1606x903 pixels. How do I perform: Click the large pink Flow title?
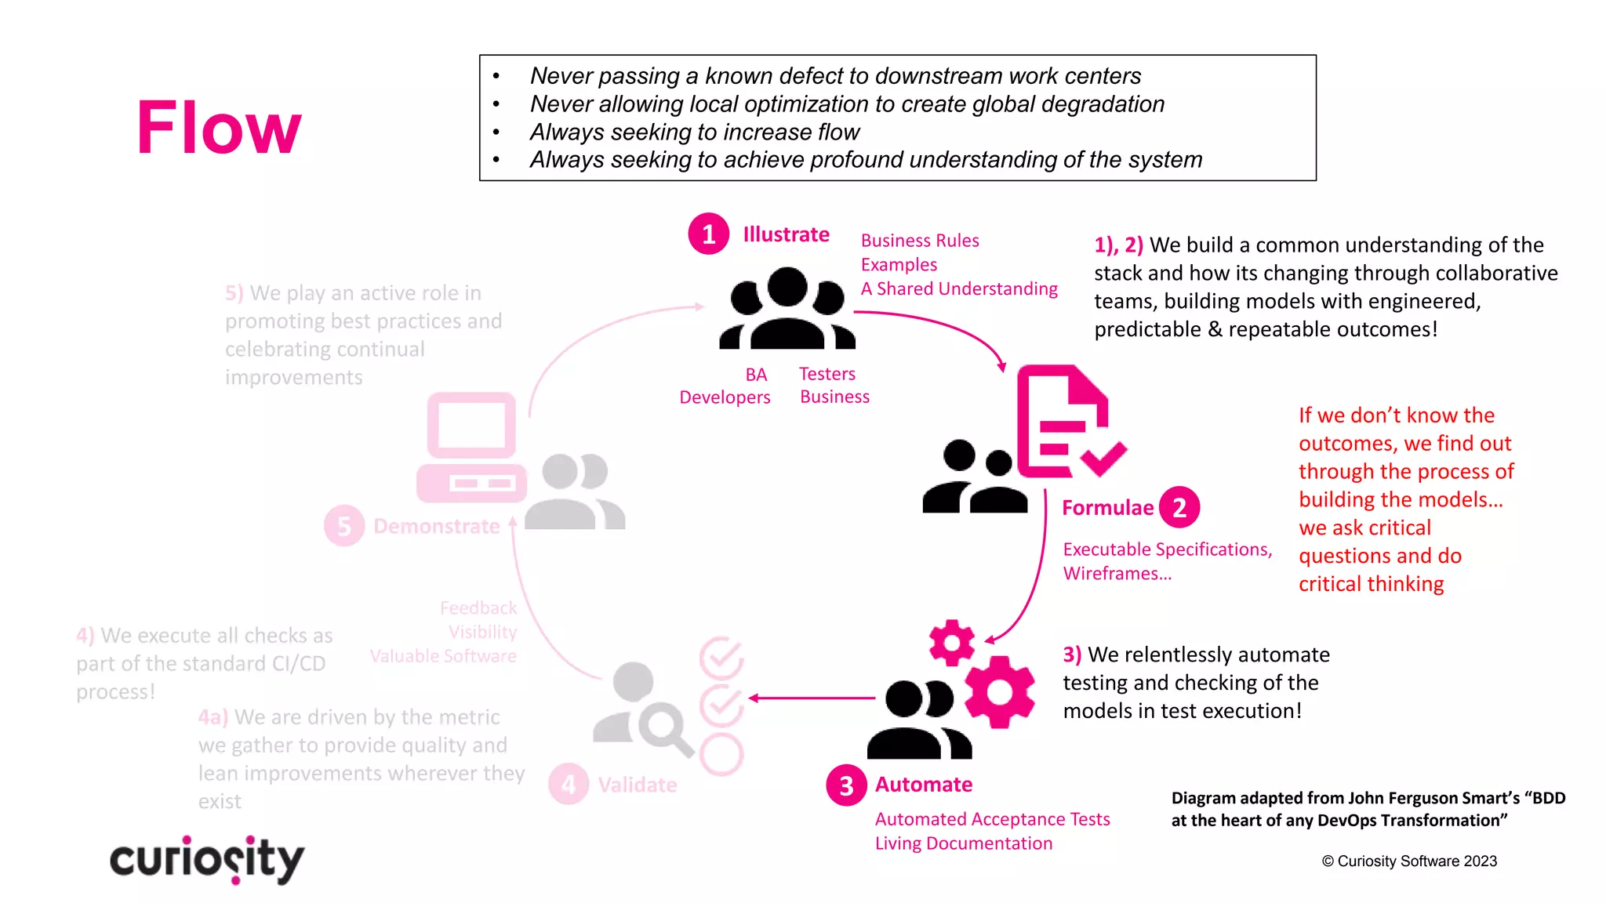219,128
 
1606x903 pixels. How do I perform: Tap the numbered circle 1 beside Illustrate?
708,234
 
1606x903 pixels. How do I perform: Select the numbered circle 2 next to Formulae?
1179,507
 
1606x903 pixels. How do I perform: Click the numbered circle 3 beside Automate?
846,785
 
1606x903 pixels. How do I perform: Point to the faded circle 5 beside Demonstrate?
343,526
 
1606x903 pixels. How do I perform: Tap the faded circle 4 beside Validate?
569,784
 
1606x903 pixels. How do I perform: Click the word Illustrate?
786,234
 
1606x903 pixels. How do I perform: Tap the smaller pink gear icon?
951,643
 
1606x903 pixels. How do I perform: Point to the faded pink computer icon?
471,448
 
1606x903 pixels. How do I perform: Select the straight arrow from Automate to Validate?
812,698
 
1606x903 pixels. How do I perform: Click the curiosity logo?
207,860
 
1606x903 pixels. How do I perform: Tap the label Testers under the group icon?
827,374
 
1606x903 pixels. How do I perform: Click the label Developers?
725,397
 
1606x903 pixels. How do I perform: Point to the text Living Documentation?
963,843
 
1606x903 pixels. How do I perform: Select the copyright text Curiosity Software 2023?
1409,861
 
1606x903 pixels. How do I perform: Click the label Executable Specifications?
1166,549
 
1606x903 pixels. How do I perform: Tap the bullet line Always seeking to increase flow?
694,132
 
